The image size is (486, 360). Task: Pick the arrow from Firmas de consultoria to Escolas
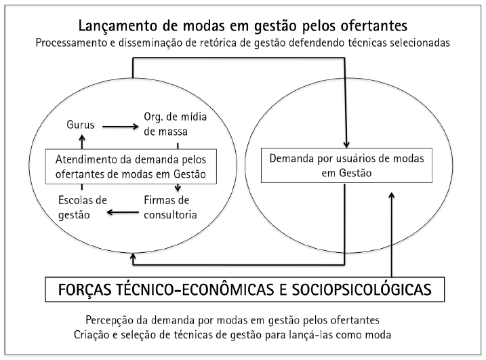pyautogui.click(x=125, y=213)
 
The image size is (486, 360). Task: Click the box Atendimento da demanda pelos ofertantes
pyautogui.click(x=131, y=165)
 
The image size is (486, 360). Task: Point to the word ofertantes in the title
pyautogui.click(x=371, y=26)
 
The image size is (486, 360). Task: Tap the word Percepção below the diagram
pyautogui.click(x=112, y=320)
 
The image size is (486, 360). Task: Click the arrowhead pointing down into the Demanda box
pyautogui.click(x=348, y=144)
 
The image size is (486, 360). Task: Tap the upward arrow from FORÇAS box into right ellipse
pyautogui.click(x=392, y=231)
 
